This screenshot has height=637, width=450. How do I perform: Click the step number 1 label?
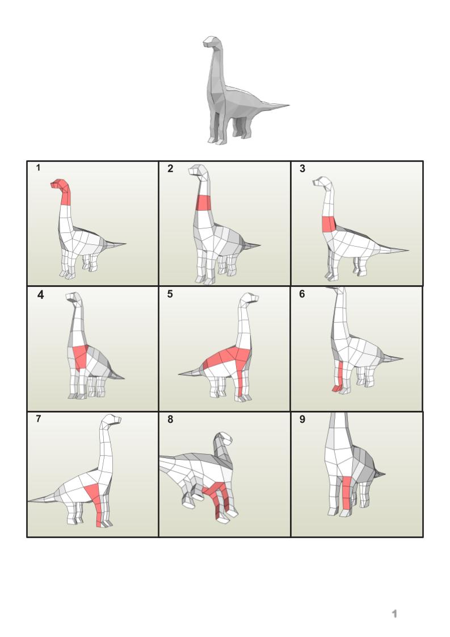[38, 168]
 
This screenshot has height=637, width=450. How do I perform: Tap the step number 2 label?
[170, 169]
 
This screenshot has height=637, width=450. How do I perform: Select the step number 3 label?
[302, 169]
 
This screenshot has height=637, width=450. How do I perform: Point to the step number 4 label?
[41, 295]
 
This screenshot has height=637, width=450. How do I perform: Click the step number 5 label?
[170, 294]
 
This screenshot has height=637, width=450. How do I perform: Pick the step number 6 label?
[302, 294]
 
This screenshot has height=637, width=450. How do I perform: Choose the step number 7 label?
[39, 419]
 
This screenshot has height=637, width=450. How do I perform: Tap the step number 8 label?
[170, 419]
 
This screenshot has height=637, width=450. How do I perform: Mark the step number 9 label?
[302, 419]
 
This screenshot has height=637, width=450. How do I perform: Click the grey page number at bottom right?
[394, 614]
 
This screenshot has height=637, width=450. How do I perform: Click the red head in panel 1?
[59, 184]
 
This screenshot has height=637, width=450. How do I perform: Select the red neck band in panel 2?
[204, 203]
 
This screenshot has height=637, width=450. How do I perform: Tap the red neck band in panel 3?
[329, 224]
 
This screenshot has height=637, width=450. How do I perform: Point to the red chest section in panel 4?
[81, 356]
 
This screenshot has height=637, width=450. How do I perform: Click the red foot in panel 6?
[337, 389]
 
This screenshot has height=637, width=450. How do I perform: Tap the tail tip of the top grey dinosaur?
[288, 106]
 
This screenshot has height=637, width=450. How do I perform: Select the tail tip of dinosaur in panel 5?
[179, 373]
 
